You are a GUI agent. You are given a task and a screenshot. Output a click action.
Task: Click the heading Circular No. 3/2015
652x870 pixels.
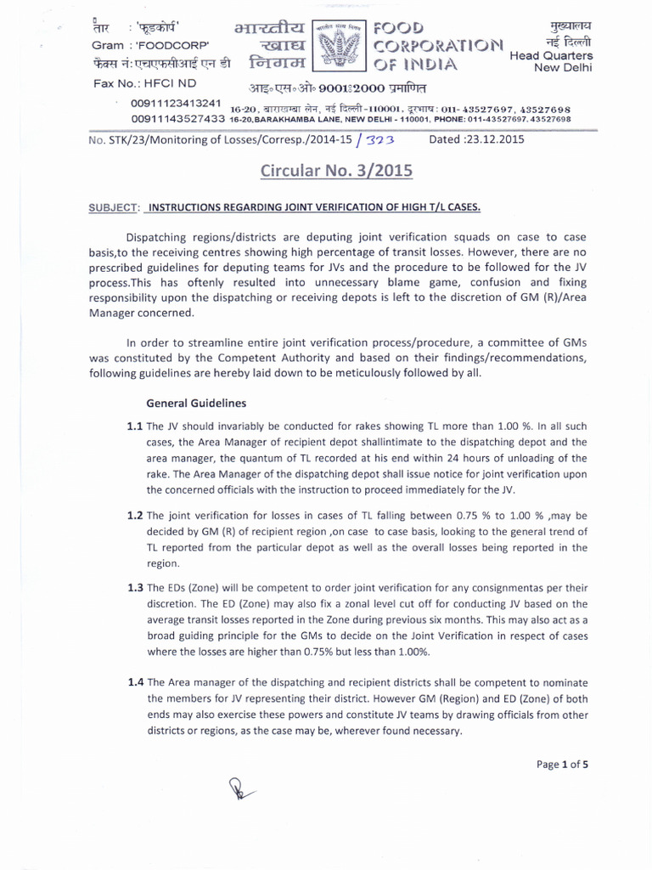click(336, 171)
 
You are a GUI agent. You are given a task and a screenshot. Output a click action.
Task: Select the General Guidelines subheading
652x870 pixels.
click(197, 402)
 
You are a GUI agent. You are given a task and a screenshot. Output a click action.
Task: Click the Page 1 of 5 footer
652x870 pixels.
click(562, 764)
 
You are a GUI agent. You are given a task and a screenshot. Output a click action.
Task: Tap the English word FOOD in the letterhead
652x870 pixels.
click(398, 29)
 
